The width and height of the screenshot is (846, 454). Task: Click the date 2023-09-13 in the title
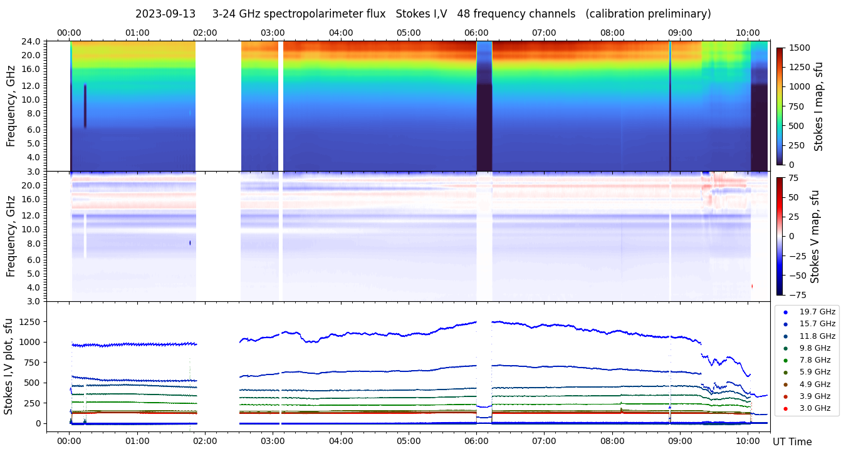click(165, 14)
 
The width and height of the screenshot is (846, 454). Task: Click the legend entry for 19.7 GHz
click(817, 312)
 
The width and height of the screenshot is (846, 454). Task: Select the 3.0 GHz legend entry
click(817, 408)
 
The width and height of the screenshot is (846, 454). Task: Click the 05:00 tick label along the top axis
click(409, 33)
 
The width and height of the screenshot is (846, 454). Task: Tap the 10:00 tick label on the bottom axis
click(748, 441)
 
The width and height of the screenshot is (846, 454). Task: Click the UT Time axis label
click(792, 442)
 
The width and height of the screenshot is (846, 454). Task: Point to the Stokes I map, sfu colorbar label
click(818, 106)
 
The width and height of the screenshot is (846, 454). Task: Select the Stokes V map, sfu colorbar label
click(815, 236)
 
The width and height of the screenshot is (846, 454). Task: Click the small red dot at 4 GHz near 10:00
click(752, 286)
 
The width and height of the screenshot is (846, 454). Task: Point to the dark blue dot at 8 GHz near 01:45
click(191, 243)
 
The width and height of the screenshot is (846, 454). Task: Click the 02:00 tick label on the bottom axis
click(204, 441)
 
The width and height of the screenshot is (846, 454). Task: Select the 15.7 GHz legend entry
click(817, 324)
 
